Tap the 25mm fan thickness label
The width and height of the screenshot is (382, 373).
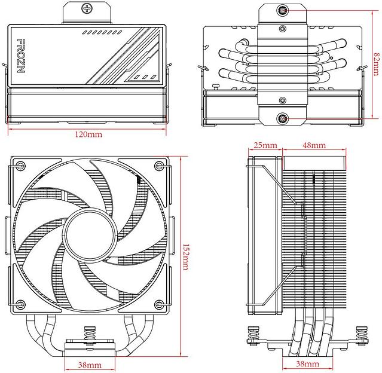[265, 145]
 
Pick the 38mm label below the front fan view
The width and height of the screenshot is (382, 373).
[89, 364]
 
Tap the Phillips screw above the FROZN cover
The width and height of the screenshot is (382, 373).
[89, 9]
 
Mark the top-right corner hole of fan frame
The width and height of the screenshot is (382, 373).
[158, 166]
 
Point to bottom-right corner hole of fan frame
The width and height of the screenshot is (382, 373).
[158, 305]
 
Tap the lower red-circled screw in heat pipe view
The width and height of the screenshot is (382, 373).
[282, 118]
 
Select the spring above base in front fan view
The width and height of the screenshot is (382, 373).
[92, 334]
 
